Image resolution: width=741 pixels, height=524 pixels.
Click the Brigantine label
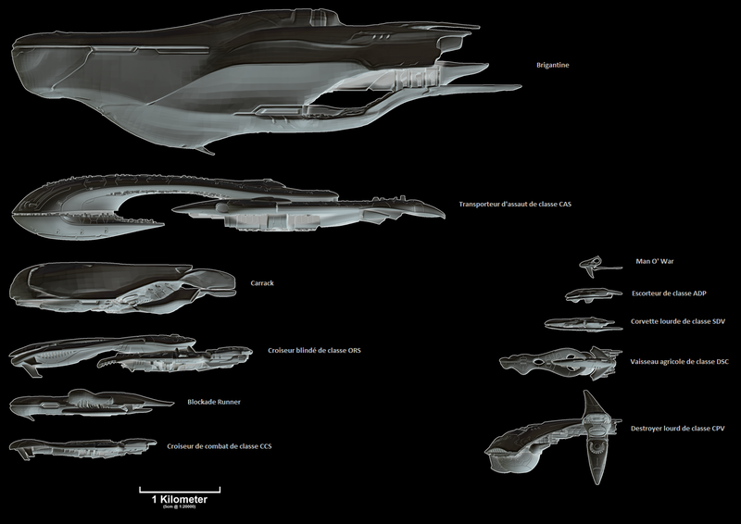pyautogui.click(x=554, y=66)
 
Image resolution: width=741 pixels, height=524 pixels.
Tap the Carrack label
pyautogui.click(x=263, y=283)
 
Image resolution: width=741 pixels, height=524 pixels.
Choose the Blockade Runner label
pyautogui.click(x=214, y=402)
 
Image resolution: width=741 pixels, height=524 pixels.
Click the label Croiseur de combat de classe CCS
pyautogui.click(x=219, y=446)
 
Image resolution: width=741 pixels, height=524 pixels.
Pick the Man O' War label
pyautogui.click(x=655, y=262)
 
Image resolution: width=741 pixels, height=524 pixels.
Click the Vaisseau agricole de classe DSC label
pyautogui.click(x=677, y=361)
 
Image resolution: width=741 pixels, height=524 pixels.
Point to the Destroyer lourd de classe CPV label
pyautogui.click(x=678, y=429)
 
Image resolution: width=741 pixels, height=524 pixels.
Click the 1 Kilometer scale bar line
pyautogui.click(x=180, y=489)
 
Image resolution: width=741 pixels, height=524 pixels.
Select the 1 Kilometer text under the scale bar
pyautogui.click(x=180, y=499)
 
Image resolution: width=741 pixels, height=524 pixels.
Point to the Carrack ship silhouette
pyautogui.click(x=120, y=285)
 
